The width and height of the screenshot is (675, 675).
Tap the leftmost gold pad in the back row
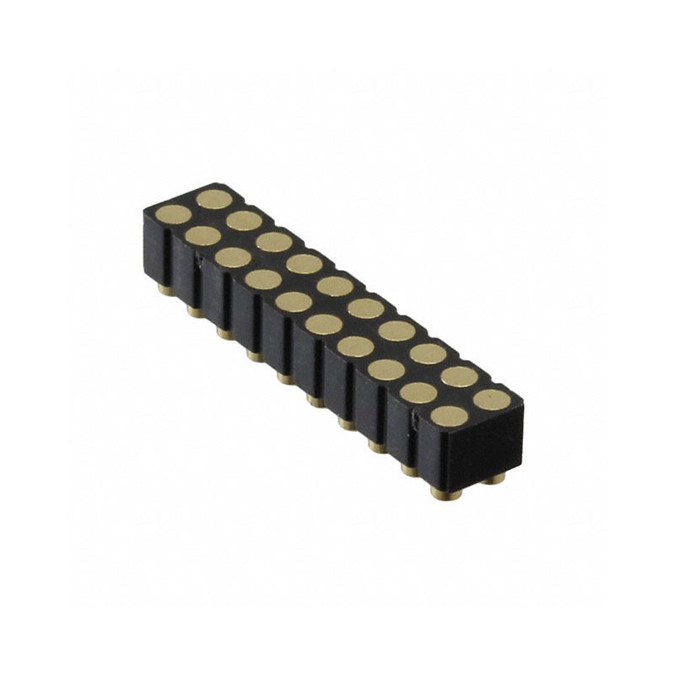214,199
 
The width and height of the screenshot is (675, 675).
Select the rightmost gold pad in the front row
450,415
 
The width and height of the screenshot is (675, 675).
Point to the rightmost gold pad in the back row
490,397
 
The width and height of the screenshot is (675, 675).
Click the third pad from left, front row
233,256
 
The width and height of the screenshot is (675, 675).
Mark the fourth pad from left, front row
263,278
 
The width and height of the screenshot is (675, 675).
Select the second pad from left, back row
244,220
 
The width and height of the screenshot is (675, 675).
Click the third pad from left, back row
273,242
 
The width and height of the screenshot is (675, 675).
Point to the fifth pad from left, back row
335,286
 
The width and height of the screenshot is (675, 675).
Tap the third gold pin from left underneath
224,333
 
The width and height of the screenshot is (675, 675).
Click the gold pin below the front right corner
439,492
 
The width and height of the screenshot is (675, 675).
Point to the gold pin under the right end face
498,477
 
